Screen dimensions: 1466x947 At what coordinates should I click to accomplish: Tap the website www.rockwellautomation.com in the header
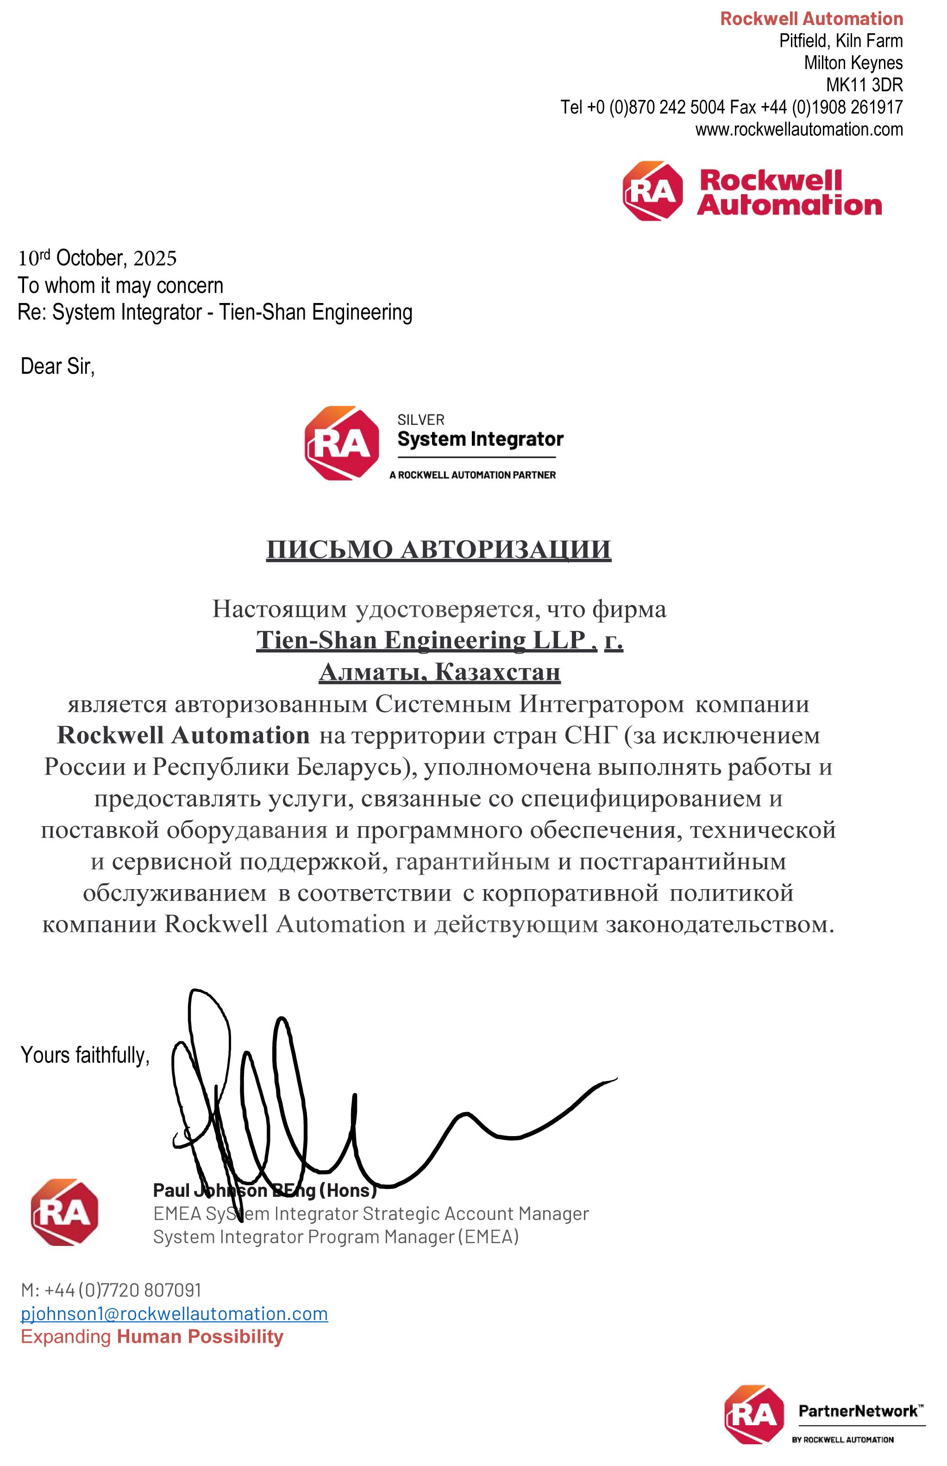[x=799, y=129]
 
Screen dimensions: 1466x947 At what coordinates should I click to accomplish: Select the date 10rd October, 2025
[x=97, y=258]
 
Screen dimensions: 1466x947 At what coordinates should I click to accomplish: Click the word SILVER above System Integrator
[x=420, y=420]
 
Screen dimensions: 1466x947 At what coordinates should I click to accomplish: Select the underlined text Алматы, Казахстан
[x=439, y=672]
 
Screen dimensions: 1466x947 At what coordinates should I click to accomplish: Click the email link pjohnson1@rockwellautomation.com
[x=174, y=1314]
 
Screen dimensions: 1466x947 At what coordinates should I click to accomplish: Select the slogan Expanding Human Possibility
[x=152, y=1336]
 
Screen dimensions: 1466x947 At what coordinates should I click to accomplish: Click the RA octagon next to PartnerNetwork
[x=754, y=1414]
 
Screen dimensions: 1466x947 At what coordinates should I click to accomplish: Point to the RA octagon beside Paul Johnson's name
[x=64, y=1212]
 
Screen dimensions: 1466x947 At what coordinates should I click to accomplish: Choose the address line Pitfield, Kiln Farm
[x=840, y=41]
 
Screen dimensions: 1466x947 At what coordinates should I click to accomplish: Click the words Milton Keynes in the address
[x=853, y=63]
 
